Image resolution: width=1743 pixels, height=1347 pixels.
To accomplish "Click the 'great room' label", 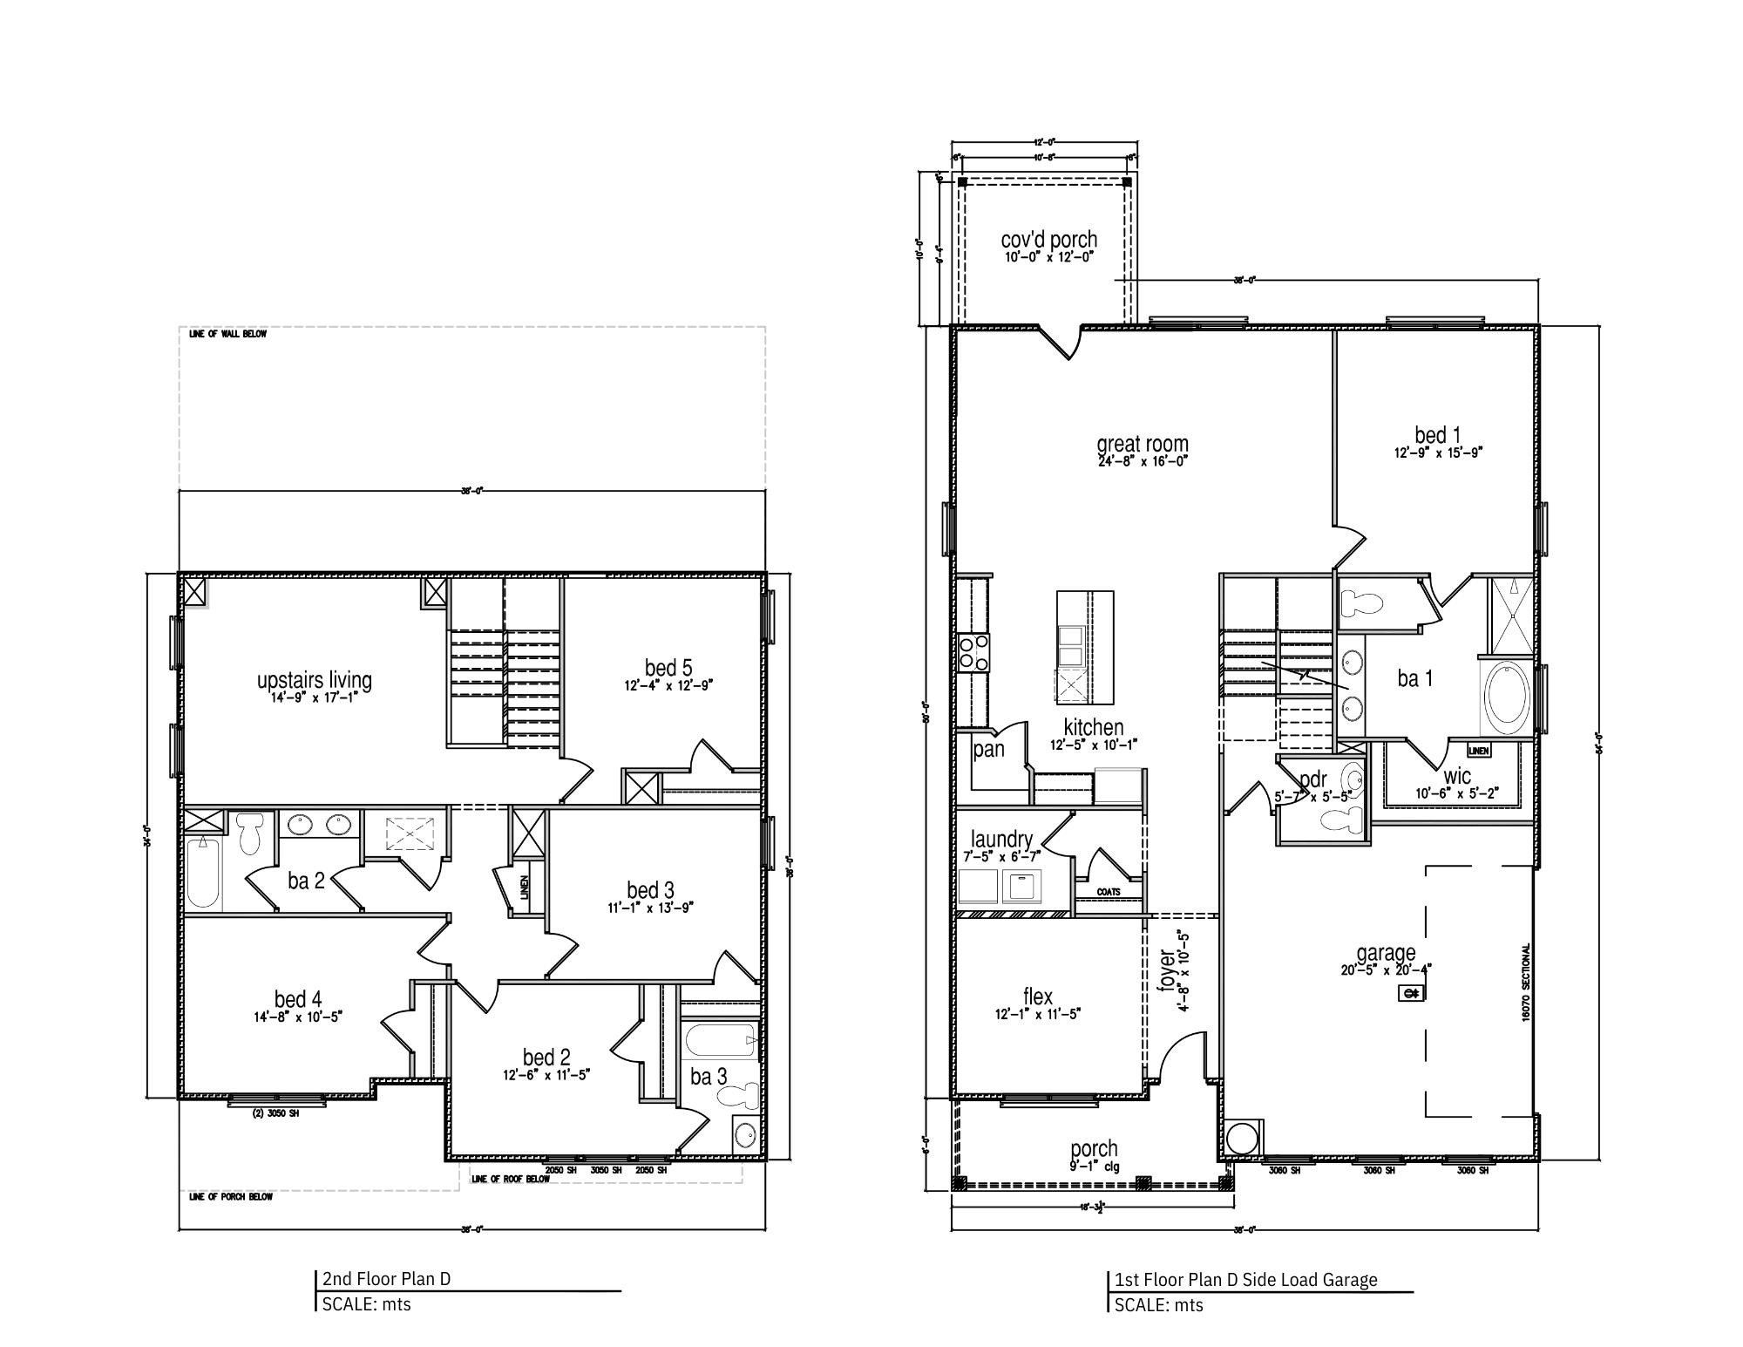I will tap(1142, 445).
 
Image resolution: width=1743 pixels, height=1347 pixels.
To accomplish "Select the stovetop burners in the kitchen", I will tap(973, 652).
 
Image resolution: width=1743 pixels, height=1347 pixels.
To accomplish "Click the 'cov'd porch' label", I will tap(1048, 239).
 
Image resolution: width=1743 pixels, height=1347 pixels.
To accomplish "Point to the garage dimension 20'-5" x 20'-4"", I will tap(1386, 969).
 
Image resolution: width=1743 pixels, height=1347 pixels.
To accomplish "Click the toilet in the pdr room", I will tap(1341, 819).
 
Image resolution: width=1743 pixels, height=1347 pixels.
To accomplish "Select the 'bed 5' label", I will tap(668, 668).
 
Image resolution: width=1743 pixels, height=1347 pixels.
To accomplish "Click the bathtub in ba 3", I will tap(720, 1040).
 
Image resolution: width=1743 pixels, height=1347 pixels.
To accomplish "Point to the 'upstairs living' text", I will tap(314, 680).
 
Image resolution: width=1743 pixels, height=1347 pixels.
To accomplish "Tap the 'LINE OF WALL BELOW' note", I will tap(227, 334).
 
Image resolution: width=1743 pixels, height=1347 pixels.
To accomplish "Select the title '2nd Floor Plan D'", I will tap(386, 1279).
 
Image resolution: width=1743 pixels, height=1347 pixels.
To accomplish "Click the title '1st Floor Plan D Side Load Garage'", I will tap(1246, 1280).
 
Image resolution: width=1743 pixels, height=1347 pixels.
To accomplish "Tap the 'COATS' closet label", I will tap(1109, 892).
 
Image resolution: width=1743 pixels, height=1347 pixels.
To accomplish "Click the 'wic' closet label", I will tap(1456, 776).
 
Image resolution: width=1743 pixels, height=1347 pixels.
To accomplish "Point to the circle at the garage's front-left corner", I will tap(1243, 1139).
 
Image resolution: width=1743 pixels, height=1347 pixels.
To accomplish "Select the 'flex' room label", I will tap(1037, 996).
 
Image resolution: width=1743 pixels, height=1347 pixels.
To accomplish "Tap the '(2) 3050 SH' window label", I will tap(275, 1113).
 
